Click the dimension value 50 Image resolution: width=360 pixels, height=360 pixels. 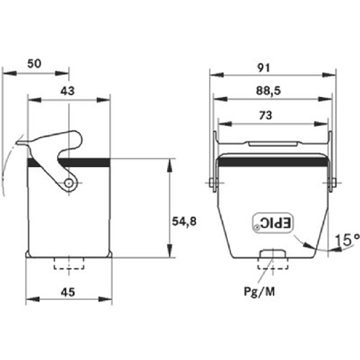point(34,64)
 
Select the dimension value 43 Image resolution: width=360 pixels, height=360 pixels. point(68,91)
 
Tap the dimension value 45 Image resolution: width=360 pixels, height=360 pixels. point(68,292)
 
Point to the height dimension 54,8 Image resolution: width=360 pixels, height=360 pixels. point(184,222)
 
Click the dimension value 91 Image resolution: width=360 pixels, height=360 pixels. point(264,68)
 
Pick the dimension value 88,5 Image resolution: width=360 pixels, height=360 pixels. point(269,91)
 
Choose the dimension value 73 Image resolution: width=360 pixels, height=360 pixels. point(265,115)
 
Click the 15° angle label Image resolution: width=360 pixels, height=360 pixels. point(347,240)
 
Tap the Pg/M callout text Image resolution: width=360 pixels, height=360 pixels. point(259,292)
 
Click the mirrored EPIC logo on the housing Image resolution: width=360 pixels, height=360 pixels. point(273,223)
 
